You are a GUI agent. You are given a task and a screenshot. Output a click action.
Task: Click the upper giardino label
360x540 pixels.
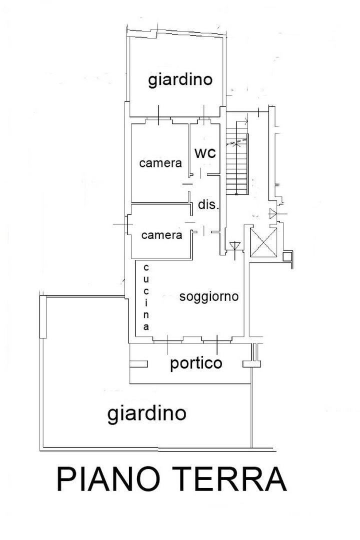pyautogui.click(x=180, y=80)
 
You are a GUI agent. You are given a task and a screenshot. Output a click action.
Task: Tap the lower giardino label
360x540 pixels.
pyautogui.click(x=147, y=413)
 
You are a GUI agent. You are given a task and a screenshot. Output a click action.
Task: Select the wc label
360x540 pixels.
pyautogui.click(x=205, y=153)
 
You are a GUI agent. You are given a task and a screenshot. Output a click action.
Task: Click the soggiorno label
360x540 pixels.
pyautogui.click(x=209, y=296)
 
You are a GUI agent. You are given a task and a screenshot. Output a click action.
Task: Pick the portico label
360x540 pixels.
pyautogui.click(x=196, y=363)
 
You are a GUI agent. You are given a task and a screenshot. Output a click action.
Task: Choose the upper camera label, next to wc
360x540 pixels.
pyautogui.click(x=160, y=163)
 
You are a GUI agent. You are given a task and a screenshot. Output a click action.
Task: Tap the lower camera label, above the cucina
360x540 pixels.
pyautogui.click(x=161, y=235)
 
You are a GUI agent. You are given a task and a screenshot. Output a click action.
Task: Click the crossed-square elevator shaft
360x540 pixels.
pyautogui.click(x=263, y=242)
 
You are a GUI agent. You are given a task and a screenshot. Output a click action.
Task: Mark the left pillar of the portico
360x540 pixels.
pyautogui.click(x=139, y=364)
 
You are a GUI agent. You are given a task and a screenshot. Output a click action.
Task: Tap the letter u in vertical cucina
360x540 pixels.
pyautogui.click(x=146, y=279)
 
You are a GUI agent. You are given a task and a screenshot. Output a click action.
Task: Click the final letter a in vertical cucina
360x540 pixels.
pyautogui.click(x=146, y=326)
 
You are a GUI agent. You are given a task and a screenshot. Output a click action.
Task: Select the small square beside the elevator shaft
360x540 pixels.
pyautogui.click(x=287, y=256)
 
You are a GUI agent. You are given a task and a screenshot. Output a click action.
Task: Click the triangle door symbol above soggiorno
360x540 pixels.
pyautogui.click(x=235, y=246)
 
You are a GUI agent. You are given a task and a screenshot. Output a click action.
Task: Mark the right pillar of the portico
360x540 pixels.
pyautogui.click(x=252, y=364)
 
